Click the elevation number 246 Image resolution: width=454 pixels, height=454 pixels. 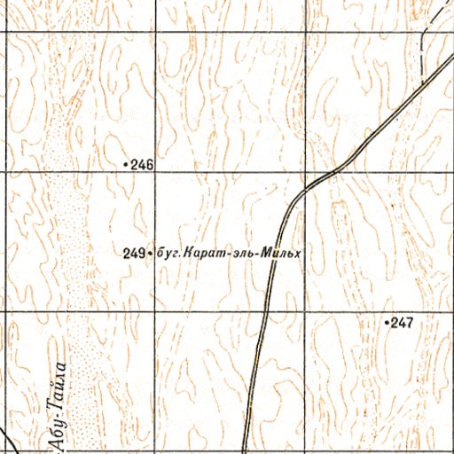[143, 164]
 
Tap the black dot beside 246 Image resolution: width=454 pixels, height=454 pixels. [126, 164]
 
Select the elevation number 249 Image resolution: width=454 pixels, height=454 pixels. [134, 254]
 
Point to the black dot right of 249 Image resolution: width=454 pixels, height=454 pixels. [149, 254]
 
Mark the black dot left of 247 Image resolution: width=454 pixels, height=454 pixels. [387, 323]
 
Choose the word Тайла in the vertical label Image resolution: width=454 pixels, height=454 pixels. [61, 386]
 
